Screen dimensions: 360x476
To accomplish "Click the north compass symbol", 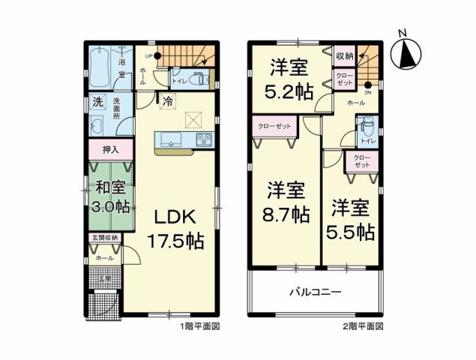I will coord(408,53).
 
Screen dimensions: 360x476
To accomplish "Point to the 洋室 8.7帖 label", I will coord(286,202).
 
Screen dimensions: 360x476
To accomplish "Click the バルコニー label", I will coord(316,290).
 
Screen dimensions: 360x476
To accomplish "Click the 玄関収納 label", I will coord(104,238).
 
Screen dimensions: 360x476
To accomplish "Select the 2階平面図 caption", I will coord(364,327).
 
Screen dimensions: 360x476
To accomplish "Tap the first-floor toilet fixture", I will coord(197,77).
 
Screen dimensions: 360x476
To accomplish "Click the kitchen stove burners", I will coord(205,139).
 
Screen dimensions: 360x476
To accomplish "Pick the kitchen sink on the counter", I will coord(167,139).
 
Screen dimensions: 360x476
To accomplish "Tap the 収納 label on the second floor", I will coord(344,55).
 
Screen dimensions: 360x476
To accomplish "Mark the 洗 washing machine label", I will coord(98,102).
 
